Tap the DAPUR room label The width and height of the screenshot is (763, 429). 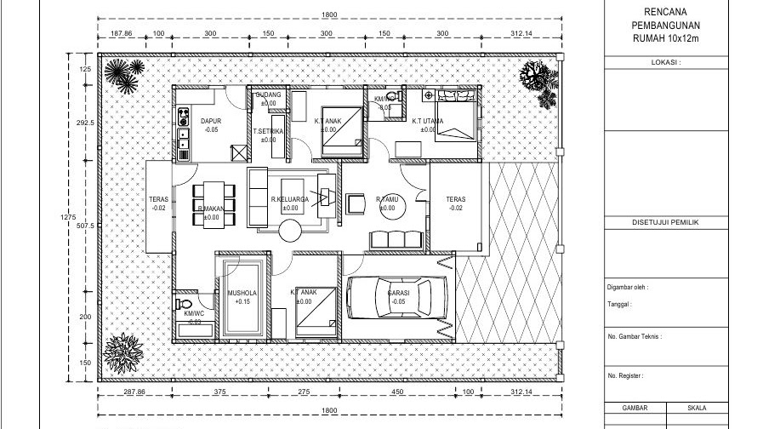pyautogui.click(x=210, y=122)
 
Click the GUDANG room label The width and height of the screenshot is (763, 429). pyautogui.click(x=269, y=94)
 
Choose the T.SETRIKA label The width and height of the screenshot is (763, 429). pyautogui.click(x=268, y=131)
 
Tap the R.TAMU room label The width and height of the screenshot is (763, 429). pyautogui.click(x=387, y=200)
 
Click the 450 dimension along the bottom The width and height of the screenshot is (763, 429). pyautogui.click(x=396, y=392)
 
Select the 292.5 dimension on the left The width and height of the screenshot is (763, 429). pyautogui.click(x=84, y=123)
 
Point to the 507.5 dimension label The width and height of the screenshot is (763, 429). pyautogui.click(x=84, y=226)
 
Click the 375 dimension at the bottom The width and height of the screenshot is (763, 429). pyautogui.click(x=219, y=392)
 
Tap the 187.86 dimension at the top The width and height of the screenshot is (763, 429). pyautogui.click(x=122, y=33)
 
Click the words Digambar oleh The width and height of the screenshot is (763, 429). pyautogui.click(x=628, y=288)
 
